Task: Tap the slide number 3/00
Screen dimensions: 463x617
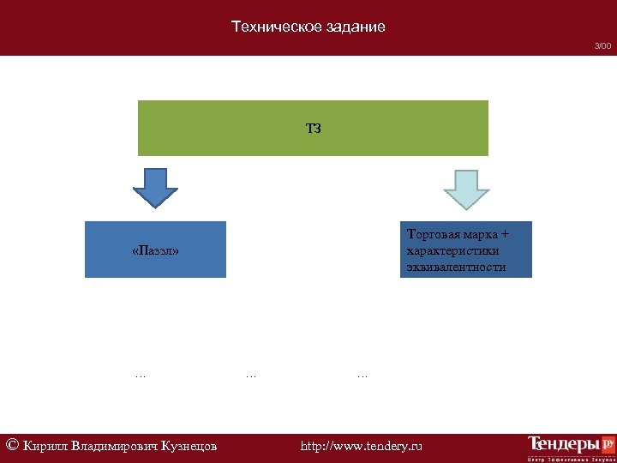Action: [603, 45]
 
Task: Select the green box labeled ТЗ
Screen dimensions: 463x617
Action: [313, 128]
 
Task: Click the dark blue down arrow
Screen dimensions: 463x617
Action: [155, 187]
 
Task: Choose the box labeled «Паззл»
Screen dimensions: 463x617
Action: [155, 250]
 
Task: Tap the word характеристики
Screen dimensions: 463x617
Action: [453, 250]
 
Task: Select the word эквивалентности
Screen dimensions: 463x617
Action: [457, 267]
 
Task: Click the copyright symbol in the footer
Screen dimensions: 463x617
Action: [12, 445]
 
